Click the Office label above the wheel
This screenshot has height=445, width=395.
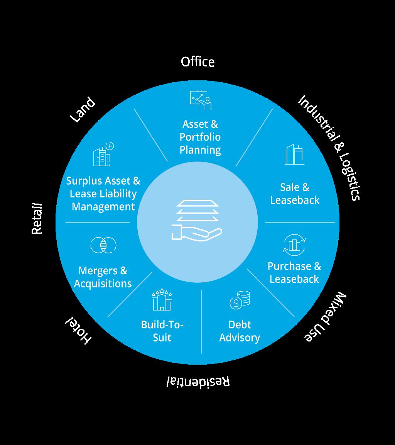point(197,61)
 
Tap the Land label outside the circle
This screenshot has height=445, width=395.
point(82,110)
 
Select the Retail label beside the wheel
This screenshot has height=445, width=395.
point(37,219)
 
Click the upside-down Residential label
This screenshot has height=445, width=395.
point(198,382)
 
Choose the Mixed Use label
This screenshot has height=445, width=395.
point(325,316)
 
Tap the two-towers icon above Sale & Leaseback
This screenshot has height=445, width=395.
point(294,155)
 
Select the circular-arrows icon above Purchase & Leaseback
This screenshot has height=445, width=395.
point(294,245)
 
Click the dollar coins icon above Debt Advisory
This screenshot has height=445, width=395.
point(240,300)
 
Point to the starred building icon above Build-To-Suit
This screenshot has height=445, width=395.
point(162,300)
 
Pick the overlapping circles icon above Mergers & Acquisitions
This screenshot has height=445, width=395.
point(103,245)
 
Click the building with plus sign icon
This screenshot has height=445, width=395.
point(103,154)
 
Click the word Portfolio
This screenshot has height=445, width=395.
point(200,137)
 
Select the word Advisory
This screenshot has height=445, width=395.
point(240,338)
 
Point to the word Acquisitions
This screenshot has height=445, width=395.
point(103,284)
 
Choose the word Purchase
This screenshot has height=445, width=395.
point(289,266)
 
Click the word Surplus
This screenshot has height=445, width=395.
point(84,181)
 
